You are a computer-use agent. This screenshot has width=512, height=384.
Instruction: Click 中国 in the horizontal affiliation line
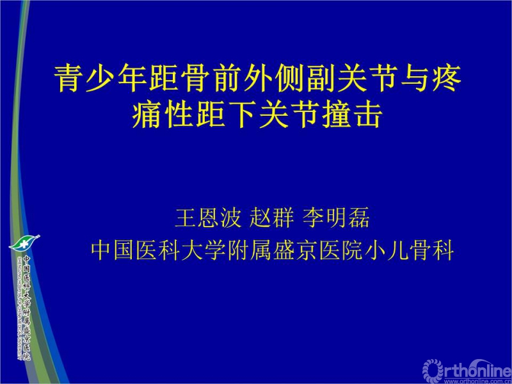[x=113, y=250]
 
